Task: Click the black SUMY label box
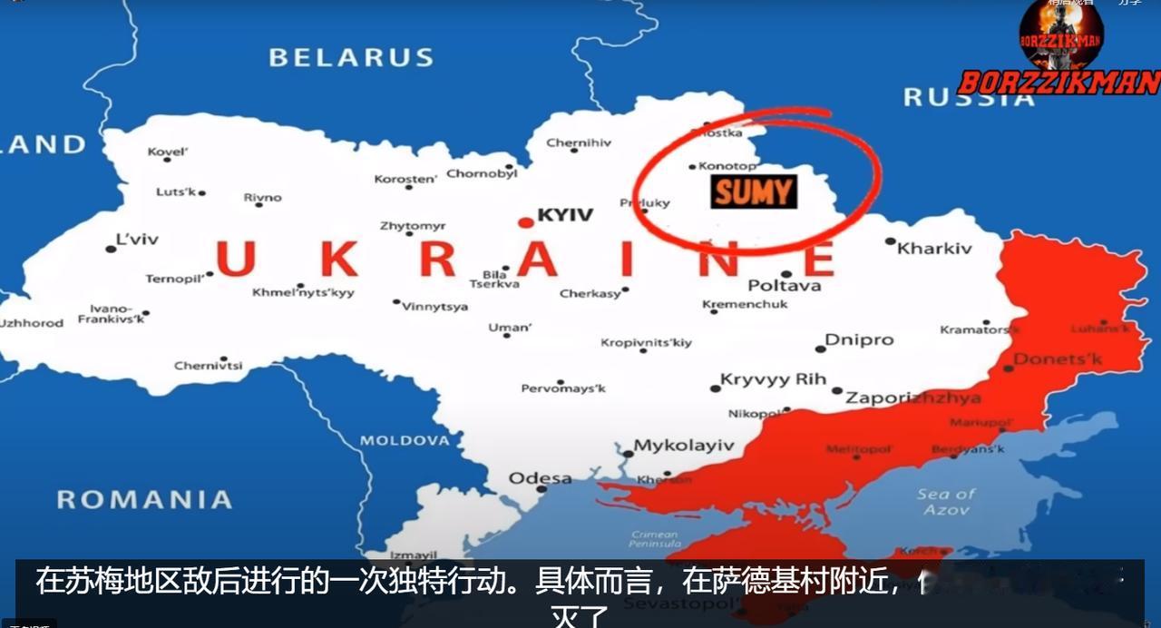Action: click(754, 191)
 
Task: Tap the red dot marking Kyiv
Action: click(525, 222)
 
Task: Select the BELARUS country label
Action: click(351, 58)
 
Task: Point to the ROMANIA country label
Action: click(144, 499)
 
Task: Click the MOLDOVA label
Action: click(405, 440)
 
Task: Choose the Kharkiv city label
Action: click(934, 248)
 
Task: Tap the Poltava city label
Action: click(785, 285)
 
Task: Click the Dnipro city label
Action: click(858, 340)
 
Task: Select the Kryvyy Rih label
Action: click(773, 379)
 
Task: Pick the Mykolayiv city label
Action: click(683, 446)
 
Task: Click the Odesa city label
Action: click(540, 478)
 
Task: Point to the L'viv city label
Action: click(137, 240)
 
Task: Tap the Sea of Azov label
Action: click(946, 502)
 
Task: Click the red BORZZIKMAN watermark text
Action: click(1059, 83)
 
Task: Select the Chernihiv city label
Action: click(579, 142)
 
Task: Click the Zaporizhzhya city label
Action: click(912, 397)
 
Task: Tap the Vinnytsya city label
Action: click(435, 307)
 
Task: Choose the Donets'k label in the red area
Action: click(1058, 359)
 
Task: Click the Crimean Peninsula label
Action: click(654, 539)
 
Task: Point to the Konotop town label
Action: click(727, 166)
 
